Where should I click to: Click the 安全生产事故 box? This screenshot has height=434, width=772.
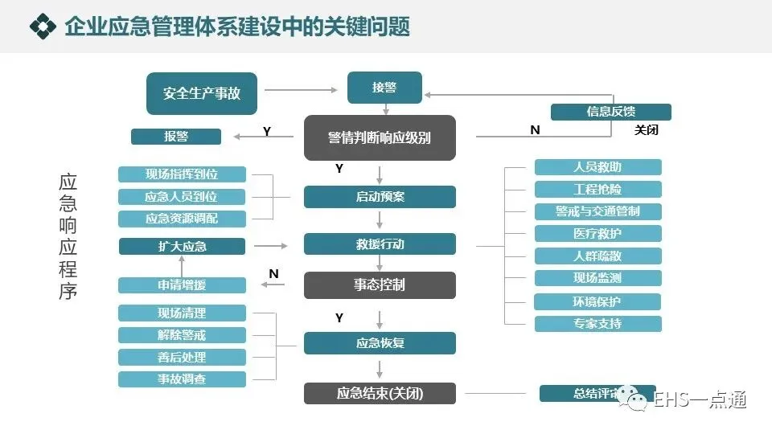pos(202,93)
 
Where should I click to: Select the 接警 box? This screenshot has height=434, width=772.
pos(384,88)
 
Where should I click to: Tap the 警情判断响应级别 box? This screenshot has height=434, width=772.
pos(380,137)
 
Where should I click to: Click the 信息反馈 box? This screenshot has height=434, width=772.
pos(610,112)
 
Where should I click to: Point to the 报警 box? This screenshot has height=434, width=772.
pos(176,137)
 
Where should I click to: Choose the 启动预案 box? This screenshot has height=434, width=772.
pos(380,197)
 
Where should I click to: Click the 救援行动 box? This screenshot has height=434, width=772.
pos(380,244)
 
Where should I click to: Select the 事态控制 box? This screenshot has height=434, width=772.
pos(380,285)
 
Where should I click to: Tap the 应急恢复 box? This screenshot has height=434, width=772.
pos(380,343)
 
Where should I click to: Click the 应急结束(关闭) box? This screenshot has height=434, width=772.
pos(380,393)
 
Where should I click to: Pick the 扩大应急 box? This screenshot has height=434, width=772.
pos(182,246)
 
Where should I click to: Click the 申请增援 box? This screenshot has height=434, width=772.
pos(182,285)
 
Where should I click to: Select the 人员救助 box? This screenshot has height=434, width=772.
pos(597,167)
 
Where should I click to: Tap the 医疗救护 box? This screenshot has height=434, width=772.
pos(597,234)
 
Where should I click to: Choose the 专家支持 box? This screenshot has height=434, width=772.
pos(597,324)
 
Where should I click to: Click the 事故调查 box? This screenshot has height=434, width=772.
pos(182,379)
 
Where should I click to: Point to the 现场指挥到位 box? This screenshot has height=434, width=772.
pos(182,174)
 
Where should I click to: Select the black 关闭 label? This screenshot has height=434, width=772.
pos(647,129)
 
